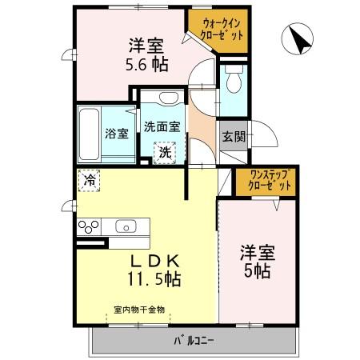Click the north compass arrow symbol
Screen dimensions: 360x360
[298, 40]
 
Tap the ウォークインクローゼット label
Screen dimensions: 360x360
[216, 31]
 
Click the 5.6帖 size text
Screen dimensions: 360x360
[146, 64]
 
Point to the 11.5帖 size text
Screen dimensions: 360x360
[152, 279]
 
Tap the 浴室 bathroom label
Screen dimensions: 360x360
[116, 134]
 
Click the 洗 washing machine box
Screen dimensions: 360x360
[164, 151]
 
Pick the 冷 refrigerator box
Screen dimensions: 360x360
[88, 181]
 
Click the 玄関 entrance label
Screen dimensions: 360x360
[234, 136]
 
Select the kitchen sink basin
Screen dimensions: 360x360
[126, 226]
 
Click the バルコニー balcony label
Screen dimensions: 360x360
[195, 341]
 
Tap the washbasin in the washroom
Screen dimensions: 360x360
[167, 98]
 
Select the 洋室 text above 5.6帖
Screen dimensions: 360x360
[146, 45]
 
